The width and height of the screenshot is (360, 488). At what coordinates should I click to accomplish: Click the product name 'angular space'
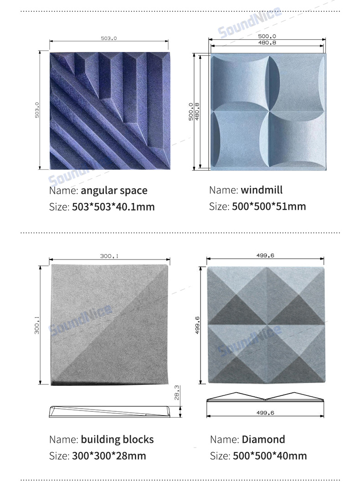click(114, 191)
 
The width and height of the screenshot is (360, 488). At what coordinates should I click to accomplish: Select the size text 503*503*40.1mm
click(113, 207)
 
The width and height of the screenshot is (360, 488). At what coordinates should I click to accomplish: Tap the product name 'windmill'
click(262, 190)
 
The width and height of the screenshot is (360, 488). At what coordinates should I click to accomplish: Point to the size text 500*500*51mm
click(269, 206)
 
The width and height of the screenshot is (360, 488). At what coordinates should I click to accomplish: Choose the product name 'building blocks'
click(117, 440)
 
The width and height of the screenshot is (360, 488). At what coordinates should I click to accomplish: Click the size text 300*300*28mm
click(109, 456)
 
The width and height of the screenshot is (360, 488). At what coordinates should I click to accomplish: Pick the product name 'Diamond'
click(263, 440)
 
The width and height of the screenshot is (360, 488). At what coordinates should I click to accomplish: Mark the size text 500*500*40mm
click(270, 456)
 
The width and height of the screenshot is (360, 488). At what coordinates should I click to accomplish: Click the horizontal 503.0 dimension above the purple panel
click(109, 38)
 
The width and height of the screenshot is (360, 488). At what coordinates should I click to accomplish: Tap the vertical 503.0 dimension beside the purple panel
click(37, 110)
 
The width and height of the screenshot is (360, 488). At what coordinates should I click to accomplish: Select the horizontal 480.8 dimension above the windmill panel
click(267, 42)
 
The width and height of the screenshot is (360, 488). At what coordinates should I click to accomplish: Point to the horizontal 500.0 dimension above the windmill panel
click(267, 36)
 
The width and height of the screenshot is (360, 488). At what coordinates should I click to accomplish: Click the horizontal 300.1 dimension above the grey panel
click(109, 256)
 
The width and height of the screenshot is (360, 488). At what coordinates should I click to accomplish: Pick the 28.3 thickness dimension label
click(176, 393)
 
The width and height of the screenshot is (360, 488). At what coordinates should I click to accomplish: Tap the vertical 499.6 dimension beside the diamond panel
click(197, 325)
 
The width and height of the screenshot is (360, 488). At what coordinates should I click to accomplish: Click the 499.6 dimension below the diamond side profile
click(265, 413)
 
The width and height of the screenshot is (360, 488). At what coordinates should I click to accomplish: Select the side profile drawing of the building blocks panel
click(109, 411)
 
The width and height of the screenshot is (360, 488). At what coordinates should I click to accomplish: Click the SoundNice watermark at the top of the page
click(250, 22)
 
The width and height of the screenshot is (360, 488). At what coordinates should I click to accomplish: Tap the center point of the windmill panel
click(269, 111)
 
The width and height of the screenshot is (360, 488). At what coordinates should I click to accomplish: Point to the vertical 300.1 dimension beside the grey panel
click(37, 325)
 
